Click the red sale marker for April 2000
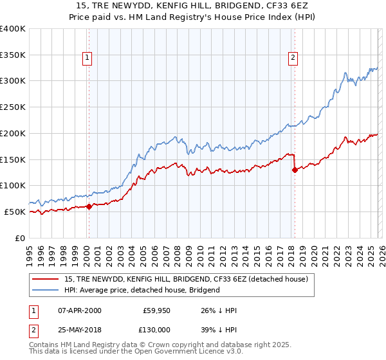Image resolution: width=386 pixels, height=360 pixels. click(x=89, y=206)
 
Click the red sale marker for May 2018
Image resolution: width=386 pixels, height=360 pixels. click(x=295, y=170)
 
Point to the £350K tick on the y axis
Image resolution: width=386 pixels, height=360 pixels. click(x=13, y=55)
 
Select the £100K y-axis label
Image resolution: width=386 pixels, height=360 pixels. click(x=13, y=186)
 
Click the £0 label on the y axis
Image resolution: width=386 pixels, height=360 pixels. click(x=19, y=238)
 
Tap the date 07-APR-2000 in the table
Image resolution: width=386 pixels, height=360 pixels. click(x=79, y=310)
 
